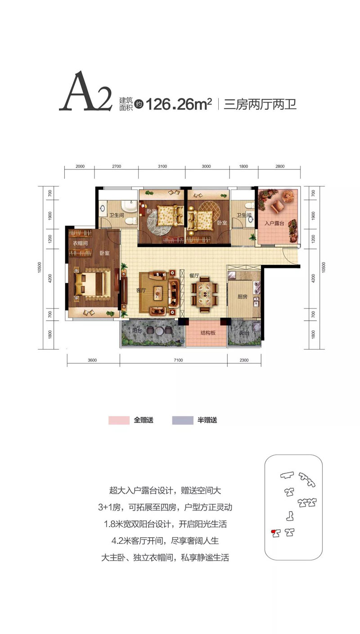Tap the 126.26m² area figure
click(x=179, y=104)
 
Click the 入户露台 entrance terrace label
click(x=274, y=223)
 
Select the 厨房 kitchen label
click(x=243, y=297)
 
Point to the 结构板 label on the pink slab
click(x=208, y=333)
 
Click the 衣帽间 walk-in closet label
click(x=80, y=243)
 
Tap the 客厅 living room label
click(x=141, y=290)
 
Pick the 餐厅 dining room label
click(x=194, y=276)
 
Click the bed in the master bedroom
click(x=92, y=284)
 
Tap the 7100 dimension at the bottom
click(x=178, y=360)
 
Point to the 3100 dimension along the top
click(x=162, y=167)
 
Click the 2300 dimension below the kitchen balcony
click(x=244, y=360)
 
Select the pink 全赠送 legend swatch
click(x=119, y=420)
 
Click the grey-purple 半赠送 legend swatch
click(x=183, y=420)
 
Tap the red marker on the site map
click(x=273, y=533)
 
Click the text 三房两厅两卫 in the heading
click(x=260, y=104)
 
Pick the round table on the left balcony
click(x=159, y=331)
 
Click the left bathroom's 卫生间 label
click(x=117, y=215)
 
